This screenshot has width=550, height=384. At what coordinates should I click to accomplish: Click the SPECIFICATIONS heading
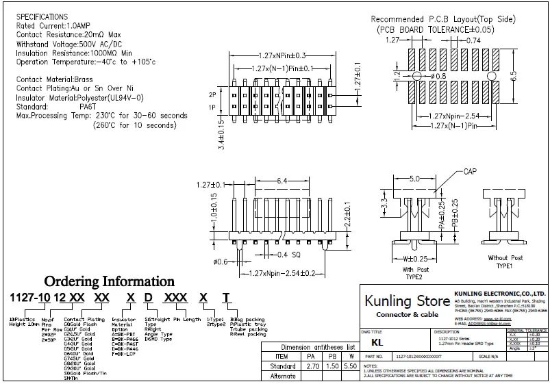(x=42, y=16)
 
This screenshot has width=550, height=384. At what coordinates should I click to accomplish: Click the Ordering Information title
(x=110, y=281)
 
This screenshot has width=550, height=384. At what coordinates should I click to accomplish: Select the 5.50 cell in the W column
(x=351, y=366)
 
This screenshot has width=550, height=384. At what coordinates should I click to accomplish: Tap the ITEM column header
(x=282, y=357)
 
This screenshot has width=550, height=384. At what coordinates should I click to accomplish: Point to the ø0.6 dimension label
(x=221, y=261)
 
